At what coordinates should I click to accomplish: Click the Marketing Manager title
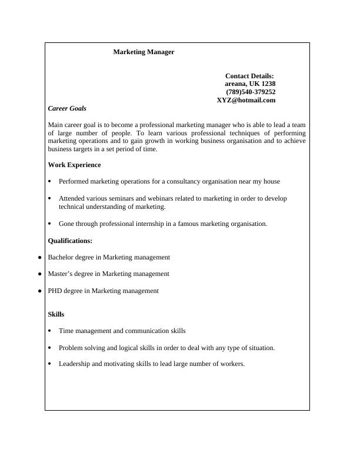coord(144,52)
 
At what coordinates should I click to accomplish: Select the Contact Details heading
coord(249,76)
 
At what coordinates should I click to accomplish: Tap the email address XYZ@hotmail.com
coord(246,100)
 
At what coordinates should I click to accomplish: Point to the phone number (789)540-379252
coord(251,92)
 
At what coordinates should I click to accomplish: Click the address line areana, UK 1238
coord(250,84)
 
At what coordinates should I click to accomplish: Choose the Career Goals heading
coord(67,108)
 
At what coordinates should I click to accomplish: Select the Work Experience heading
coord(74,165)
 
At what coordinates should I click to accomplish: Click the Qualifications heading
coord(70,241)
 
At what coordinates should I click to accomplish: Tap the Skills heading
coord(56,314)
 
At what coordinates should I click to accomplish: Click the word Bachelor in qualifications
coord(61,257)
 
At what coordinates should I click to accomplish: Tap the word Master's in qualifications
coord(61,274)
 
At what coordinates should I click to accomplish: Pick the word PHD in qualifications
coord(55,291)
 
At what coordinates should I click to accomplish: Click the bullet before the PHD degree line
coord(39,291)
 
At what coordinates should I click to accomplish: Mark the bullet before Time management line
coord(50,331)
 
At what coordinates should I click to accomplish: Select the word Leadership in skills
coord(75,364)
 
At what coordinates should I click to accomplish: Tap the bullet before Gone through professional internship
coord(50,224)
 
